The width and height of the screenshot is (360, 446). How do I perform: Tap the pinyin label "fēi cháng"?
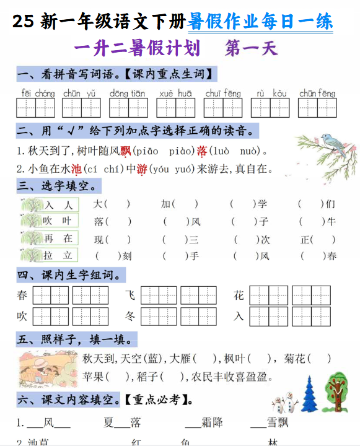(x=38, y=94)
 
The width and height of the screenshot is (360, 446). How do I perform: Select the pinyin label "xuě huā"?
(x=175, y=94)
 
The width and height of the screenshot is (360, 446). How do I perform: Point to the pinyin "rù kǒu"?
(x=271, y=94)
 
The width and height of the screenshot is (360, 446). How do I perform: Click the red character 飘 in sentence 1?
(x=126, y=151)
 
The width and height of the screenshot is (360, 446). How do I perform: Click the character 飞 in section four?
(x=130, y=295)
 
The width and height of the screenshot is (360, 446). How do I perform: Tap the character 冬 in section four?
(x=130, y=316)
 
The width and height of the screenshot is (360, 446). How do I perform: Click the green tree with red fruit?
(x=337, y=391)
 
